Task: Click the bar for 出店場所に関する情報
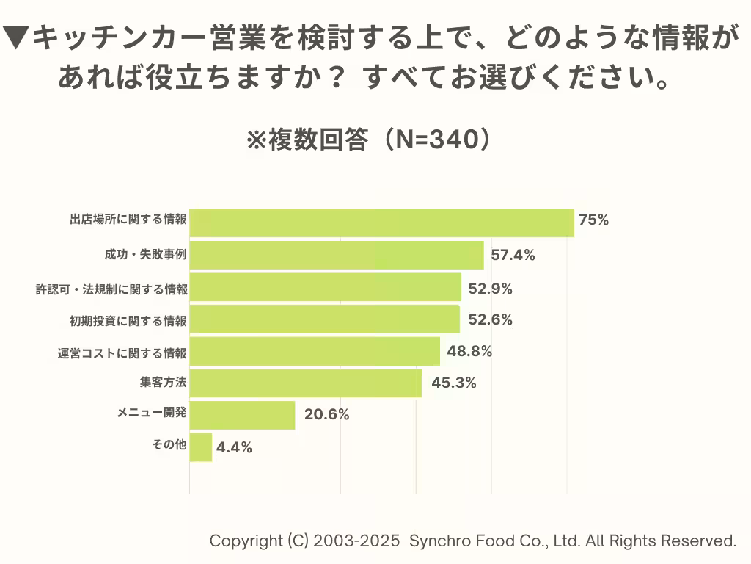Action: point(381,223)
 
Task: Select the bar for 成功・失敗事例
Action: point(337,255)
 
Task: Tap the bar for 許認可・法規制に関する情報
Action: point(325,287)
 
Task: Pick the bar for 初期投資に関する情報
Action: point(324,319)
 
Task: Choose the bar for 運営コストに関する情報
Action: point(315,351)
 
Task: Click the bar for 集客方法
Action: point(306,383)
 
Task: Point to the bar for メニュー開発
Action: point(242,415)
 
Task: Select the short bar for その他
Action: point(201,446)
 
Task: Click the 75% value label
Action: point(593,220)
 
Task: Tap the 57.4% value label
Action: point(513,256)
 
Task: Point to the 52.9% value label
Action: point(490,289)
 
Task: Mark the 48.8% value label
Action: point(469,351)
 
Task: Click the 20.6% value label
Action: point(326,414)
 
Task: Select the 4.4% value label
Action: point(234,447)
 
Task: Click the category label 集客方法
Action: point(162,382)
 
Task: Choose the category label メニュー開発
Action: point(152,413)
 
